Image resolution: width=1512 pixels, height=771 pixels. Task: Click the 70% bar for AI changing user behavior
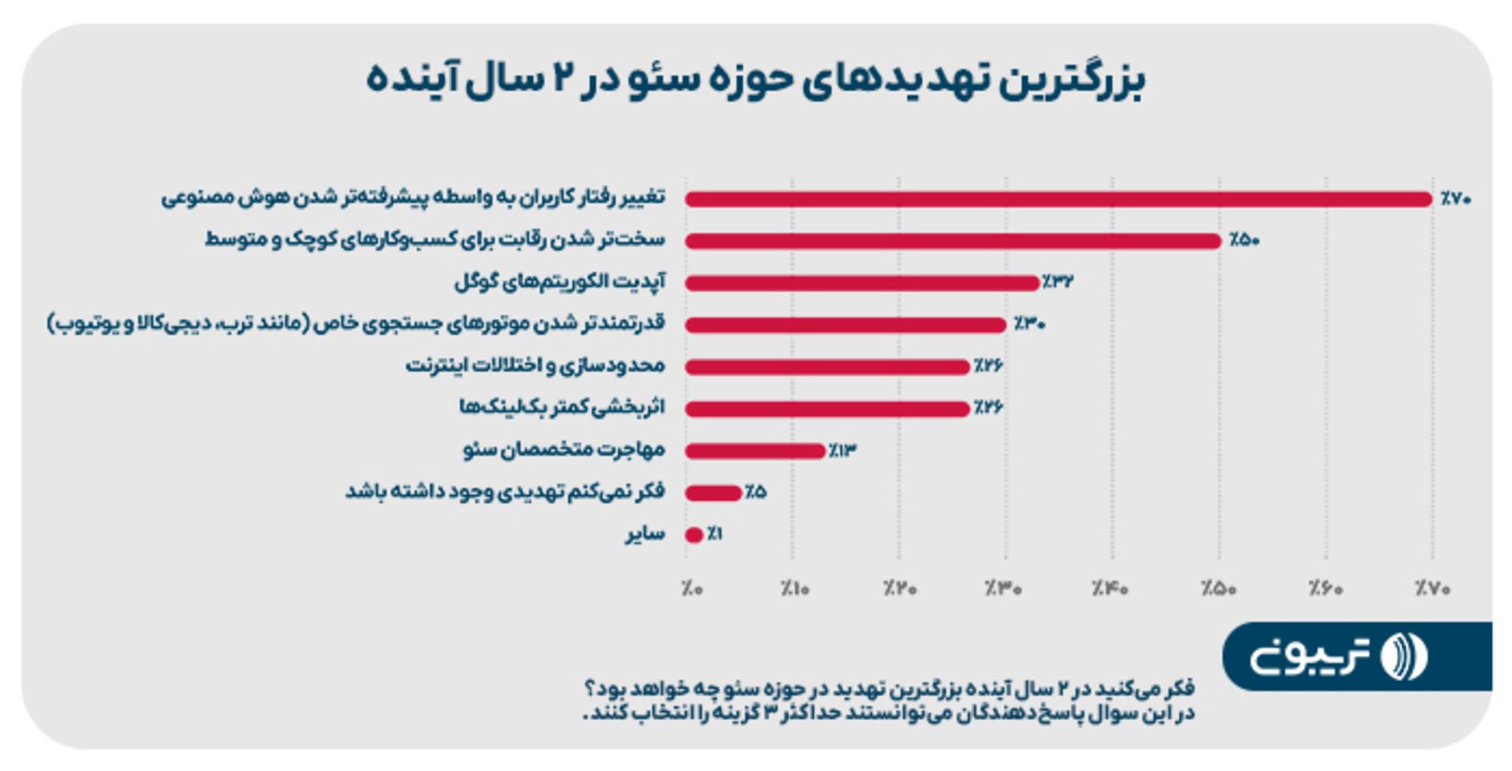pos(1058,199)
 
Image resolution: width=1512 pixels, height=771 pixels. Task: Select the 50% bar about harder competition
pos(953,241)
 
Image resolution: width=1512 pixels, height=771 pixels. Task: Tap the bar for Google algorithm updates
pos(862,283)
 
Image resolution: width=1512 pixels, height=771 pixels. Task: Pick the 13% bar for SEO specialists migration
pos(754,451)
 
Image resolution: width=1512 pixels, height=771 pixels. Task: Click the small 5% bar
pos(713,493)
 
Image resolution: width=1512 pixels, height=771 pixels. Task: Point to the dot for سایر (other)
pos(694,536)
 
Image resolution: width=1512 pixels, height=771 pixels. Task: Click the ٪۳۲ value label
pos(1058,282)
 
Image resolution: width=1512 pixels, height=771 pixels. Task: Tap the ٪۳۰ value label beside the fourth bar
pos(1029,324)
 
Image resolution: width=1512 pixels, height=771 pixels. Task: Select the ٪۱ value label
pos(715,535)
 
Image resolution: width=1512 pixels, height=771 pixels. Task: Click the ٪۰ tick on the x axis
pos(692,588)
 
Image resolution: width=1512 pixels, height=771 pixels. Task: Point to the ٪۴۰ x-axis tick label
pos(1110,588)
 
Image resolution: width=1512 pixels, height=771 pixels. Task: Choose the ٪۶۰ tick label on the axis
pos(1325,588)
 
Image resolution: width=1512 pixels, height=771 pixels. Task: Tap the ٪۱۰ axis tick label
pos(795,588)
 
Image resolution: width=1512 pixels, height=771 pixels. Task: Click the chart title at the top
pos(755,80)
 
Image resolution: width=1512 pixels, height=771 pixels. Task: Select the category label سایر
pos(646,535)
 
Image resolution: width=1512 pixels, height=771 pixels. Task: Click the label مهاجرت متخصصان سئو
pos(564,450)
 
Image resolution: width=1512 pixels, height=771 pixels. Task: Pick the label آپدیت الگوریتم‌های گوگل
pos(560,282)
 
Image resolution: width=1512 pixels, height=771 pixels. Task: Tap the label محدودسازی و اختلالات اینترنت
pos(535,366)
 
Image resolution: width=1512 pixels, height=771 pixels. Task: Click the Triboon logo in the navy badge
pos(1339,656)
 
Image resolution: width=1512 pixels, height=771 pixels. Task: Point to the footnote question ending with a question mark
pos(890,689)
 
